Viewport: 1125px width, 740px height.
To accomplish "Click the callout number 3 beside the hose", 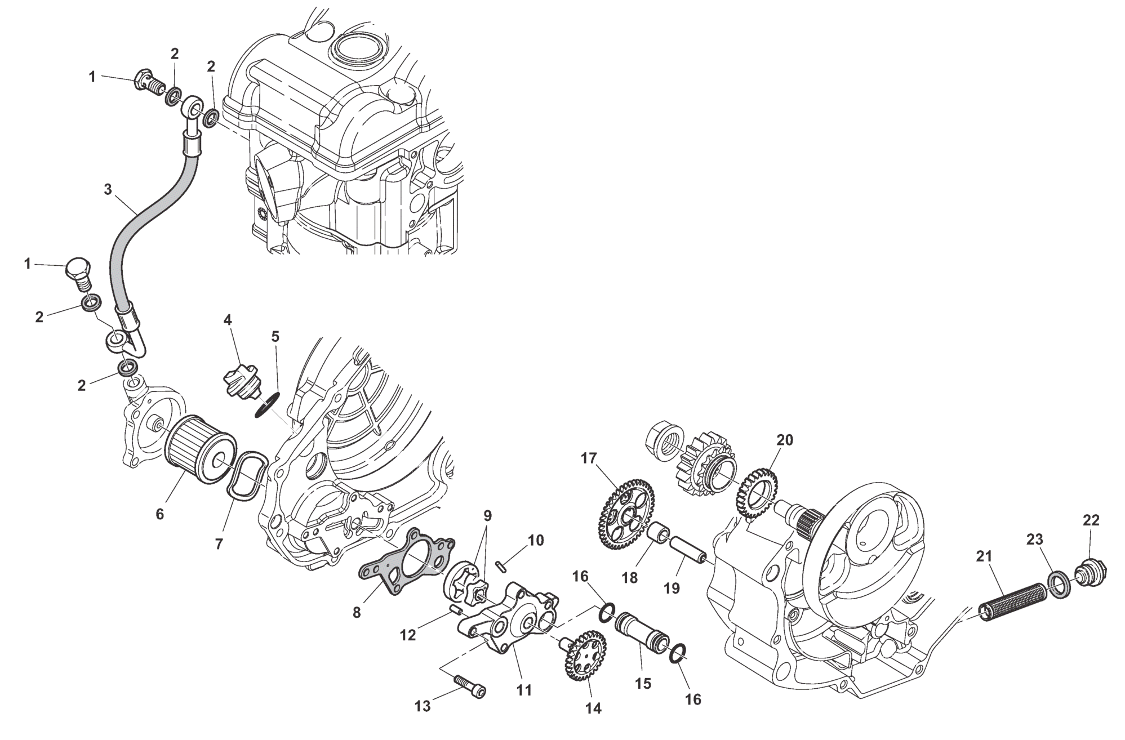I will click(108, 189).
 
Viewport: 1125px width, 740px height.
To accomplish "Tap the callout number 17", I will click(588, 458).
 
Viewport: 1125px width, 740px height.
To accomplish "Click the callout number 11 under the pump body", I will click(524, 690).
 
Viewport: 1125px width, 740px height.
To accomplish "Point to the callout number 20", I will click(784, 440).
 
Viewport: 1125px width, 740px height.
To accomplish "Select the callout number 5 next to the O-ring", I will click(275, 337).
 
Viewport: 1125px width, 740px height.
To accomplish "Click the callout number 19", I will click(672, 588).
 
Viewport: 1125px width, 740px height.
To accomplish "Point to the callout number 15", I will click(643, 683).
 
